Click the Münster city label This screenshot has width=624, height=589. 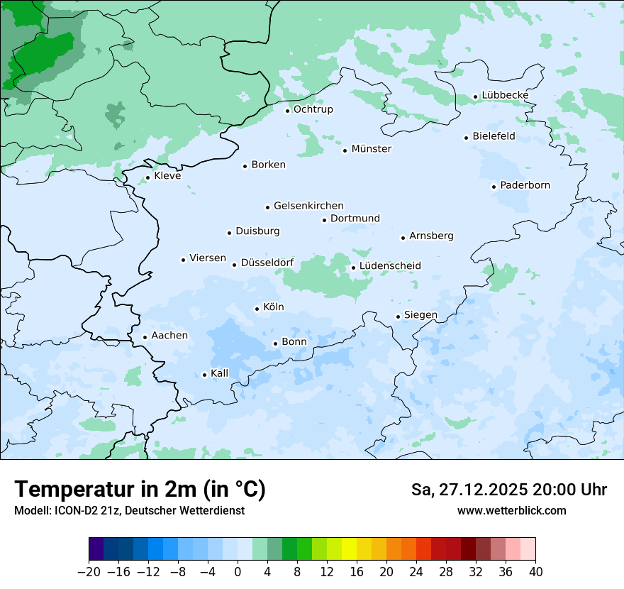click(x=371, y=149)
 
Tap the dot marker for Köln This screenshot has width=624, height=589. click(x=257, y=309)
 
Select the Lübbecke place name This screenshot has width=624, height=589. click(x=505, y=95)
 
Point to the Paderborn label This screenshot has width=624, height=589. click(x=525, y=185)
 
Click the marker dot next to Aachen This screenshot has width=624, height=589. click(x=145, y=338)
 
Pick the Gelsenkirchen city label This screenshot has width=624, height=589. click(x=308, y=206)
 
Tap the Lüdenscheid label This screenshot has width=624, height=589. click(x=390, y=266)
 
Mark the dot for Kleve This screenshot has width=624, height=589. click(x=147, y=178)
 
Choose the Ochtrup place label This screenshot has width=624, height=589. click(x=313, y=109)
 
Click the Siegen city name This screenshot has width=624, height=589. click(x=420, y=315)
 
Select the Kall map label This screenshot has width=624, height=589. click(x=219, y=373)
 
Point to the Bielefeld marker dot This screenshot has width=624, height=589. click(x=466, y=138)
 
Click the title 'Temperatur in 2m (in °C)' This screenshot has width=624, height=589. click(x=140, y=489)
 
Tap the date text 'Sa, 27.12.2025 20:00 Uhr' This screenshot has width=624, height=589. click(x=508, y=490)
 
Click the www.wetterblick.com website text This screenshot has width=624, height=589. click(x=511, y=510)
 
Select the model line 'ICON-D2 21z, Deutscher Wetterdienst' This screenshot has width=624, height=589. click(x=129, y=510)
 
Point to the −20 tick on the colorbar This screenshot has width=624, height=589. click(x=89, y=572)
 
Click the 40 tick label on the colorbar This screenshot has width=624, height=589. click(x=535, y=572)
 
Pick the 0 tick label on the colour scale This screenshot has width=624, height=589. click(x=238, y=572)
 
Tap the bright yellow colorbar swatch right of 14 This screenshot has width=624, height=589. click(x=349, y=549)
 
